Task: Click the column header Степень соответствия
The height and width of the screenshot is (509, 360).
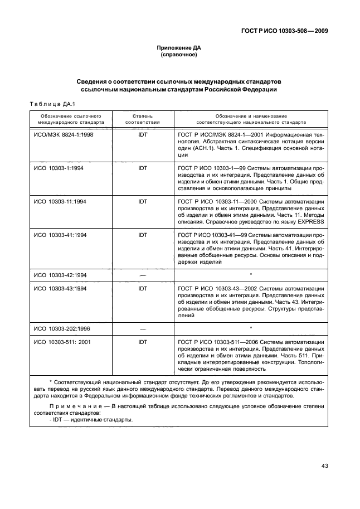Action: [x=142, y=118]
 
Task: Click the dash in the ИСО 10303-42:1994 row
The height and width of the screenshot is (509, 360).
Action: [x=142, y=275]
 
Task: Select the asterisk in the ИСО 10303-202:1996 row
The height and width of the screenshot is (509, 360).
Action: [x=251, y=328]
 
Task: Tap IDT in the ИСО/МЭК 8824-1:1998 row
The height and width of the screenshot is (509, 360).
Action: [x=142, y=135]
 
